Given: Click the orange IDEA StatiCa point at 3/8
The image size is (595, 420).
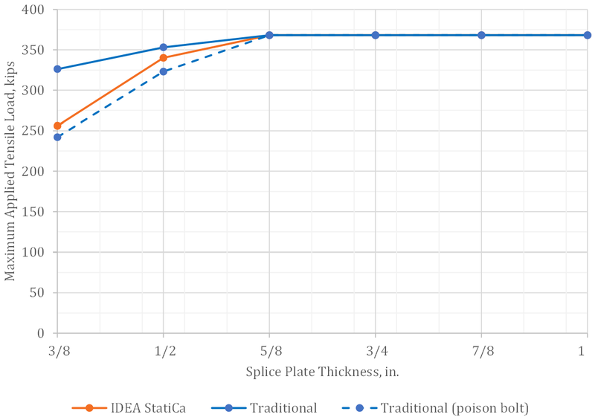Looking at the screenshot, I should [x=57, y=126].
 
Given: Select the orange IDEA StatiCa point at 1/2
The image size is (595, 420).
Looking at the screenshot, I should [x=164, y=57].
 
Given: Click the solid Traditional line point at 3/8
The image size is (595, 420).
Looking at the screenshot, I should [x=57, y=69].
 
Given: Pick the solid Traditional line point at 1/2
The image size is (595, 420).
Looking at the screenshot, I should [x=164, y=48].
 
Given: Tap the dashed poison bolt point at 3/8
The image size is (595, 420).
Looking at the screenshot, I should [x=57, y=137].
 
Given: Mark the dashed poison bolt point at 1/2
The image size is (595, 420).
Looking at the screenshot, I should [x=164, y=71].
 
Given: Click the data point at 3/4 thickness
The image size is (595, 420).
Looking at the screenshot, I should [x=376, y=35].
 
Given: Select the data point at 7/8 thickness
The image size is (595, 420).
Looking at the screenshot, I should [x=481, y=35].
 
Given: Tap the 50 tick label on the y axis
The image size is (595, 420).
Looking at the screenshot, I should [x=37, y=293].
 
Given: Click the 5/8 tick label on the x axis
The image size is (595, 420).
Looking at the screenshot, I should [x=269, y=349].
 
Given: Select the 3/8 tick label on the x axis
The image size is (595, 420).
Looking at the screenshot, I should [x=57, y=349].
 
